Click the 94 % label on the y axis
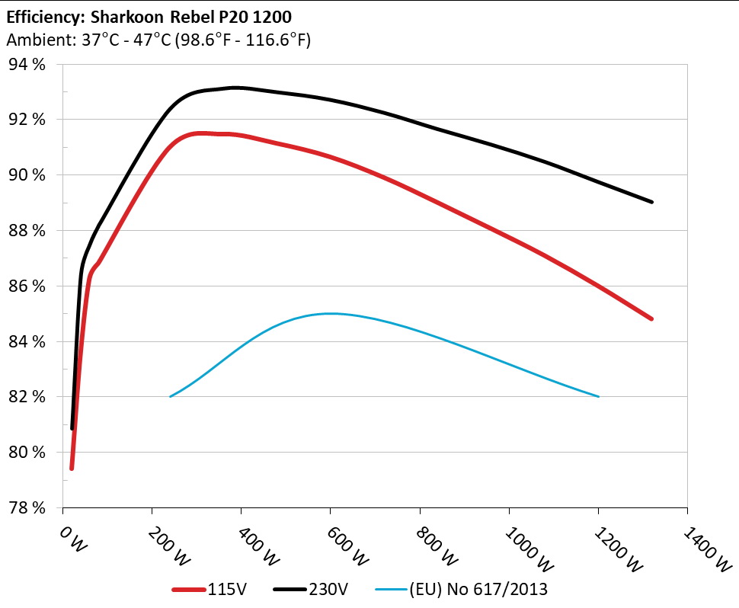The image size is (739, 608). coord(27,64)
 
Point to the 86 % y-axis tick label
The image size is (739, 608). coord(27,286)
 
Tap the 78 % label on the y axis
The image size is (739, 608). coord(27,507)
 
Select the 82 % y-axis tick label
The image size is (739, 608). coord(27,397)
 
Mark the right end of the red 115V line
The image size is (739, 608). coord(651,318)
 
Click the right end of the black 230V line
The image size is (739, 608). coord(652,202)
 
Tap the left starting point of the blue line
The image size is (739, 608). coord(170,396)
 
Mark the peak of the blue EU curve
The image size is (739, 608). coord(330,313)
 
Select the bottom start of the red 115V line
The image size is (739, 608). coord(72,468)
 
